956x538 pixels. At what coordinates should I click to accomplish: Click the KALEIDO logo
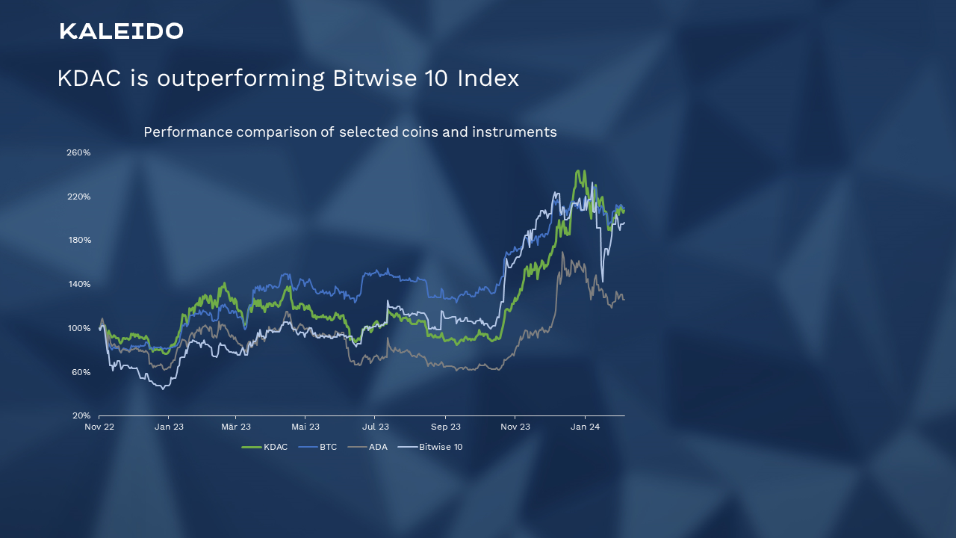pyautogui.click(x=121, y=31)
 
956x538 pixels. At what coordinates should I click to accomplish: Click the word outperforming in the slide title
pyautogui.click(x=240, y=78)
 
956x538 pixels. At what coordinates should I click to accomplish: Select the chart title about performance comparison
pyautogui.click(x=350, y=132)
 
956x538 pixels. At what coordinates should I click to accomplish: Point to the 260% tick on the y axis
pyautogui.click(x=78, y=152)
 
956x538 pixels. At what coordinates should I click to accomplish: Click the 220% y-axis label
pyautogui.click(x=78, y=197)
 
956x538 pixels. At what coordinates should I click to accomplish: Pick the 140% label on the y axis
pyautogui.click(x=78, y=284)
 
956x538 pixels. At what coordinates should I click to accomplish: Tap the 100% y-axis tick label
pyautogui.click(x=78, y=328)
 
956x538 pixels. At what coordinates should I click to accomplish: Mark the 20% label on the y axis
pyautogui.click(x=81, y=415)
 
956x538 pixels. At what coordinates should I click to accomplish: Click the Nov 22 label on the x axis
pyautogui.click(x=99, y=427)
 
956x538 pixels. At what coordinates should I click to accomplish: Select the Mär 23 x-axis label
pyautogui.click(x=235, y=427)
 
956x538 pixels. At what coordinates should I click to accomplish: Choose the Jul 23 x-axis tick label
pyautogui.click(x=375, y=427)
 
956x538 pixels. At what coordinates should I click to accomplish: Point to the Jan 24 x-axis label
pyautogui.click(x=585, y=427)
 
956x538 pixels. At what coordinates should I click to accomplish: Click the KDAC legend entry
pyautogui.click(x=265, y=447)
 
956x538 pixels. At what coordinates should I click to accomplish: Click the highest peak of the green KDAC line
pyautogui.click(x=579, y=171)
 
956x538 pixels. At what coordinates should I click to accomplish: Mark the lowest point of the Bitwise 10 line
pyautogui.click(x=163, y=389)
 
